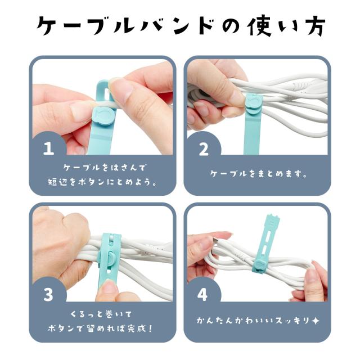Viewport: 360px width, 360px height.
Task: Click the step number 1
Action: pyautogui.click(x=48, y=148)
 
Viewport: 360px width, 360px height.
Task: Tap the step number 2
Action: pyautogui.click(x=204, y=148)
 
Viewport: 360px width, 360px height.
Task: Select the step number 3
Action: pyautogui.click(x=48, y=295)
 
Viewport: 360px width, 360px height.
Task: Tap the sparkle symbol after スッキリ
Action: pyautogui.click(x=316, y=320)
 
